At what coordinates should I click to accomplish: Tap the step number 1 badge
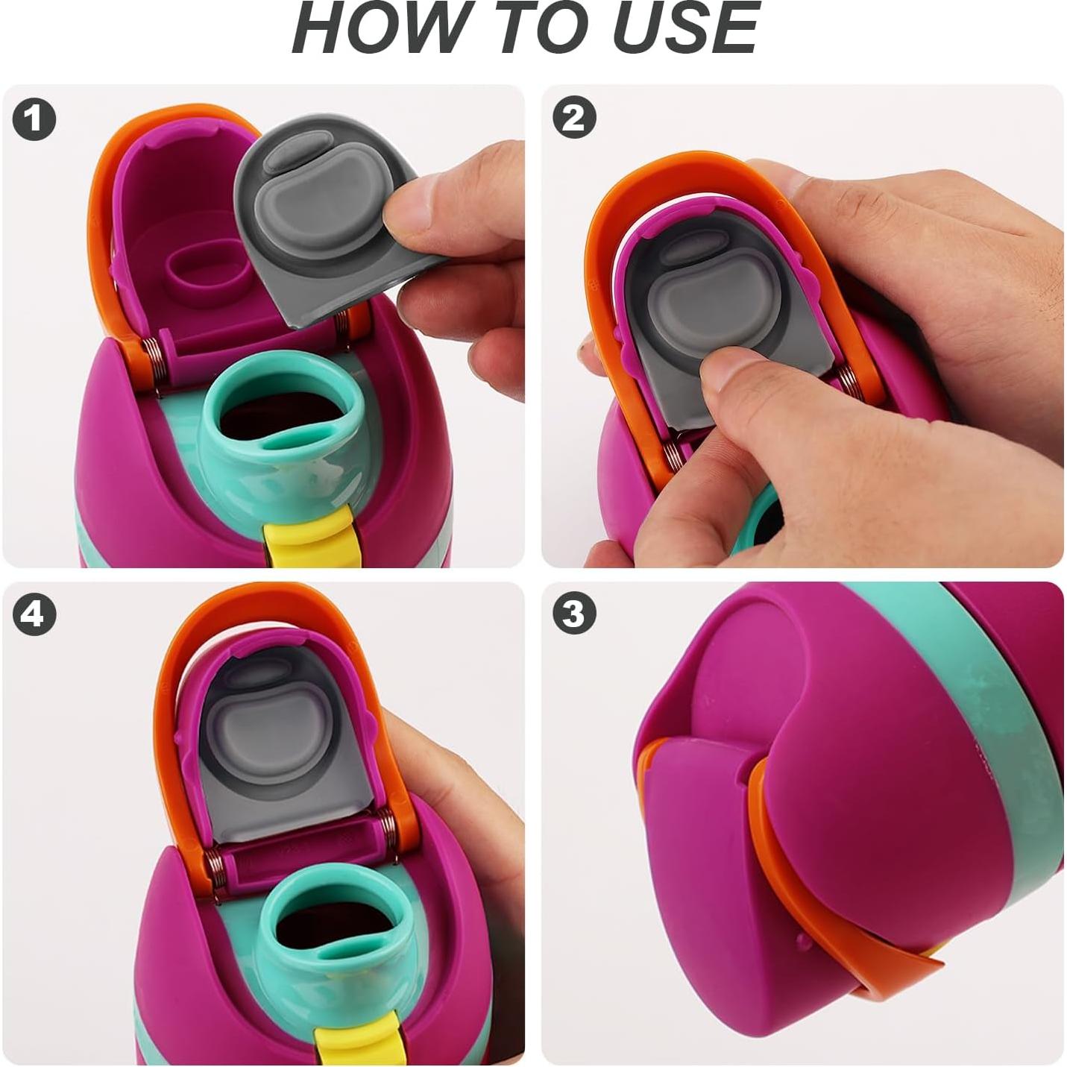coord(34,119)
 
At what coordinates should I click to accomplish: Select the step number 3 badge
coord(574,614)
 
